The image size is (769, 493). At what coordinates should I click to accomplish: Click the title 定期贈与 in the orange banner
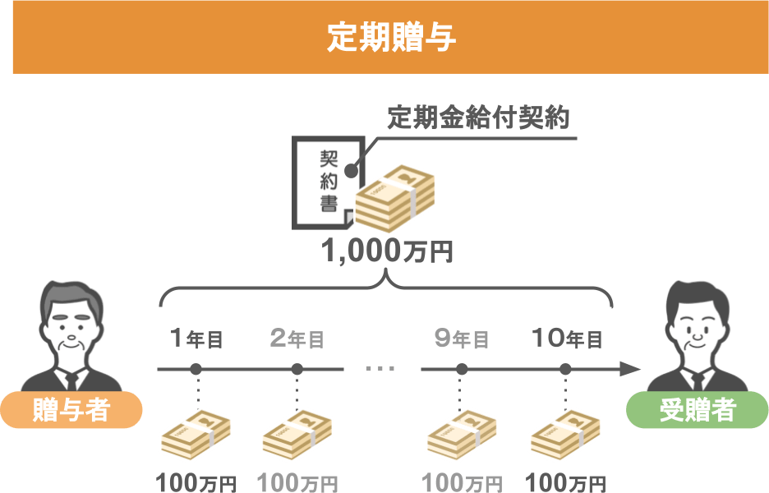click(x=391, y=37)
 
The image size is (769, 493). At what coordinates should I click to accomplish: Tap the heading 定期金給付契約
click(x=478, y=117)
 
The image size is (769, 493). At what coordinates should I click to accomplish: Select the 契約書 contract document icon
click(x=328, y=182)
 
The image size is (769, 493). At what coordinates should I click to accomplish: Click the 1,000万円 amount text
click(x=387, y=251)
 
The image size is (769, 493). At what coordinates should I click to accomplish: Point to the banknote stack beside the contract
click(x=395, y=198)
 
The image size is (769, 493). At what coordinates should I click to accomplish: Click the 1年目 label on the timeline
click(x=196, y=339)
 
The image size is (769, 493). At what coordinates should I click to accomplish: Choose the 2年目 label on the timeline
click(x=297, y=339)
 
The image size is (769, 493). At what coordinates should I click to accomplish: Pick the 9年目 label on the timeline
click(x=462, y=339)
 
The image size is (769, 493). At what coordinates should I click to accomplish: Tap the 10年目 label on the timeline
click(x=567, y=339)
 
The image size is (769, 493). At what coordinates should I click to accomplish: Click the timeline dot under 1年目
click(x=196, y=369)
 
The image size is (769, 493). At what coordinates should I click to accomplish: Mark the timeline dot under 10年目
click(x=565, y=369)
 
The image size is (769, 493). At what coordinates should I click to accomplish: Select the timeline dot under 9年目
click(x=462, y=369)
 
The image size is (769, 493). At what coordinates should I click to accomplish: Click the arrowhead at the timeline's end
click(x=631, y=369)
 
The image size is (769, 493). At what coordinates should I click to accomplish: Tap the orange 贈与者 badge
click(x=71, y=410)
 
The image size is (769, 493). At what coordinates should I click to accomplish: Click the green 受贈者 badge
click(x=698, y=410)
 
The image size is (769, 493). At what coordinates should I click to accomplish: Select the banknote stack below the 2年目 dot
click(x=297, y=435)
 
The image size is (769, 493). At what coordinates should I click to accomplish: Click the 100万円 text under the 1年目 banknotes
click(x=196, y=482)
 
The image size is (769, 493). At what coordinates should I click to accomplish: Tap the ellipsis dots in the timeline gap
click(x=380, y=369)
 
